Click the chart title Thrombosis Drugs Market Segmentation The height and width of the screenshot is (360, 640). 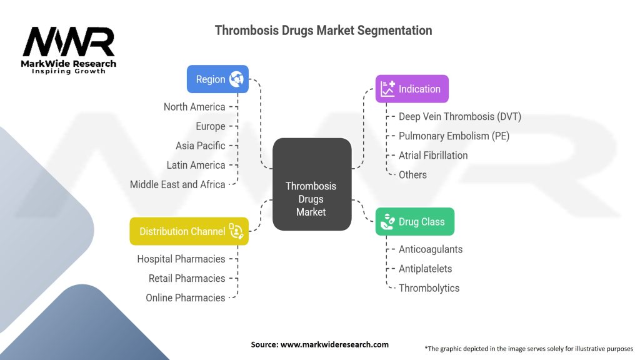(x=323, y=30)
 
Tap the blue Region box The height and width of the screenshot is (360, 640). (x=217, y=79)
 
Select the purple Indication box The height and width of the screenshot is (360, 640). (x=412, y=89)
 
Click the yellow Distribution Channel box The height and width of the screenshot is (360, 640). (x=189, y=231)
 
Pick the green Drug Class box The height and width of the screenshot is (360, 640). (x=414, y=222)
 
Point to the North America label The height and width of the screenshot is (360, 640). (x=194, y=107)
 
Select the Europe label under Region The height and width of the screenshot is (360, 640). (x=210, y=126)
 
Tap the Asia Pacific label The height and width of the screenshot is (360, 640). (x=200, y=146)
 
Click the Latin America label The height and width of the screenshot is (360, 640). (x=196, y=165)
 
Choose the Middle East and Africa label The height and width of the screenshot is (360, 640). (x=177, y=184)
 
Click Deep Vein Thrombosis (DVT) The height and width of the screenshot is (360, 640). (x=459, y=116)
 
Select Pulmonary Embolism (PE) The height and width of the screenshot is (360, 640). (x=454, y=136)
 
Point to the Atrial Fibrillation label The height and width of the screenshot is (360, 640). (x=433, y=155)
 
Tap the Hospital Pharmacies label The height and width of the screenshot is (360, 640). (x=181, y=259)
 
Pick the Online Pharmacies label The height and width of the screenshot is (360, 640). (x=186, y=297)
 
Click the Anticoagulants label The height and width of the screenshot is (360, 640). (x=431, y=249)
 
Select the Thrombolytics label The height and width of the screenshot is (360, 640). (x=429, y=288)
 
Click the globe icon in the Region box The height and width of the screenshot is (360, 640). (x=237, y=79)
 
